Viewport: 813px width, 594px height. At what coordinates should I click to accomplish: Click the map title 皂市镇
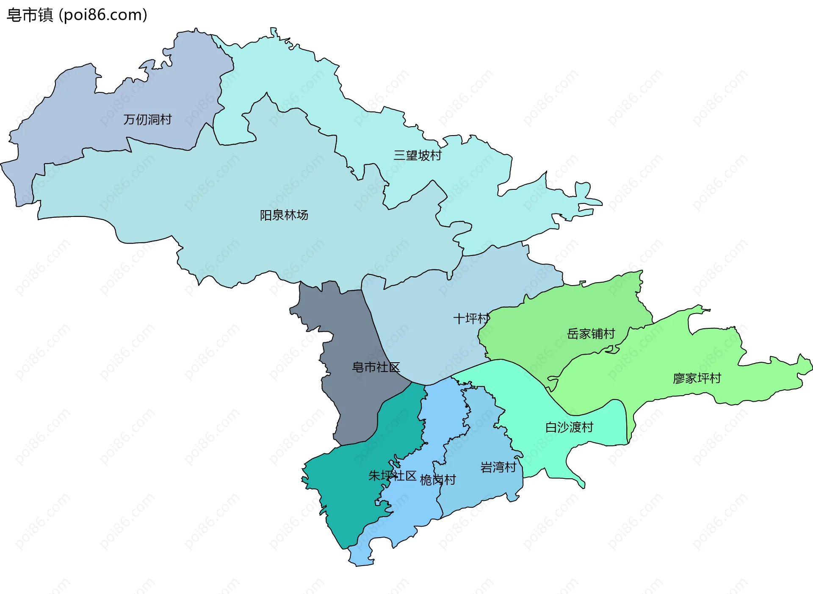(30, 15)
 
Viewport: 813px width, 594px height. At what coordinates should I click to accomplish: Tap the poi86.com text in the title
(103, 15)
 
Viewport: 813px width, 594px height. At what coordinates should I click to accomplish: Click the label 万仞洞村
(147, 119)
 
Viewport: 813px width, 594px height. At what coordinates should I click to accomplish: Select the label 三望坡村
(418, 155)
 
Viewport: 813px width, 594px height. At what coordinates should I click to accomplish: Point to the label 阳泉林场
(284, 215)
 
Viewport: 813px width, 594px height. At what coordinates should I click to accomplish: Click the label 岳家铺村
(591, 334)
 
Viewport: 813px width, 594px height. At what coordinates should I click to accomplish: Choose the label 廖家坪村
(697, 378)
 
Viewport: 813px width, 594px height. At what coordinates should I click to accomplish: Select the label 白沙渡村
(569, 427)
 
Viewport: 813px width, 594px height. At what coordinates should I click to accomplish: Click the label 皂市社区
(376, 367)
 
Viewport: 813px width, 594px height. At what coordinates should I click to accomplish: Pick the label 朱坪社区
(392, 476)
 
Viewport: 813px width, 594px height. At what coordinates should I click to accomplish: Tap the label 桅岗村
(437, 480)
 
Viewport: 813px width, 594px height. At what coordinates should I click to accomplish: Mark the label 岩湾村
(498, 467)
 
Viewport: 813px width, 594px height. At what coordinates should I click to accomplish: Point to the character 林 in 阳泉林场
(290, 215)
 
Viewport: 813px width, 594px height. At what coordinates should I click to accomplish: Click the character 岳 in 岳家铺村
(573, 334)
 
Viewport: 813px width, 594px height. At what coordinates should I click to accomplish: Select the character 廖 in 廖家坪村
(679, 378)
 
